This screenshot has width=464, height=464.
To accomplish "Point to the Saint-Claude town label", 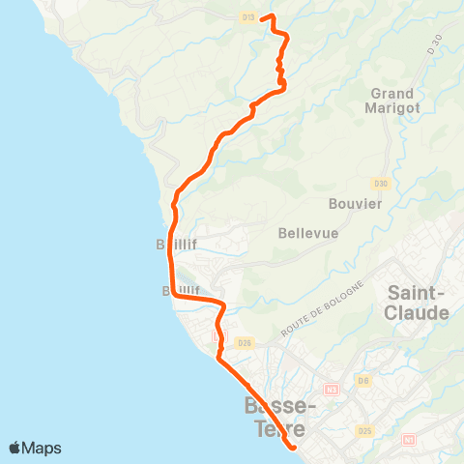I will (x=418, y=303).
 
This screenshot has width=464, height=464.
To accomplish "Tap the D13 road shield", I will (x=248, y=17).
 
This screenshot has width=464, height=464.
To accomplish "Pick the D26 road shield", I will (x=244, y=342).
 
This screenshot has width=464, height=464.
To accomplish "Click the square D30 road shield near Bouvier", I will (x=381, y=184).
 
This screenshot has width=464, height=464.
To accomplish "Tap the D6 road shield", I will (x=364, y=381).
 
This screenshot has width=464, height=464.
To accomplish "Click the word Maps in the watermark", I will (x=43, y=448).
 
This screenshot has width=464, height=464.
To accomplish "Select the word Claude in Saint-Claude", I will (x=418, y=313).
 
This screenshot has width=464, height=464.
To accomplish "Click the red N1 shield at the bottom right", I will (x=409, y=441).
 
